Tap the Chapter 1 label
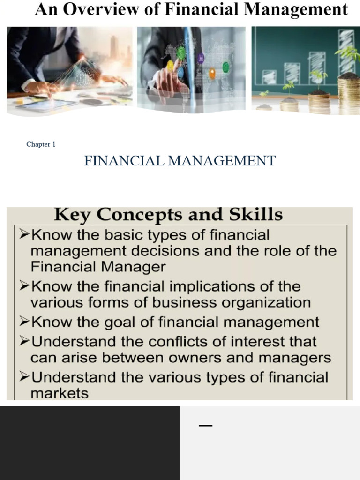pyautogui.click(x=41, y=144)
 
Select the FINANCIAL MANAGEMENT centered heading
pyautogui.click(x=180, y=161)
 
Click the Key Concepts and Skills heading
pyautogui.click(x=168, y=214)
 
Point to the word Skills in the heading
pyautogui.click(x=256, y=214)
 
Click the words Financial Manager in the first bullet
pyautogui.click(x=98, y=267)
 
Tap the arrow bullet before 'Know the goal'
pyautogui.click(x=24, y=322)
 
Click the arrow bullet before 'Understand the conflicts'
pyautogui.click(x=24, y=341)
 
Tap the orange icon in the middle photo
pyautogui.click(x=212, y=73)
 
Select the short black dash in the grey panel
pyautogui.click(x=205, y=426)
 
